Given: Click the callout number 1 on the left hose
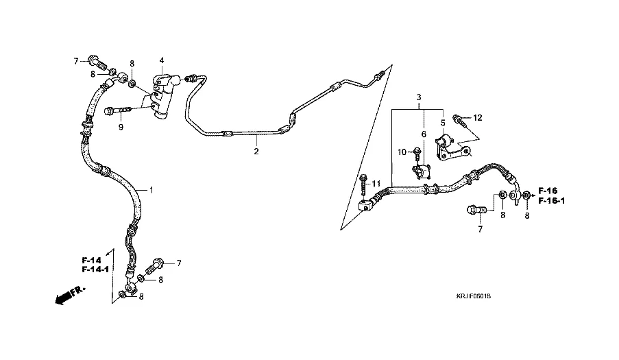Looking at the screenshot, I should point(151,189).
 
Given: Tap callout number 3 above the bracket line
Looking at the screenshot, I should point(418,98).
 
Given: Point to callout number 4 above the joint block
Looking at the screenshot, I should point(162,60).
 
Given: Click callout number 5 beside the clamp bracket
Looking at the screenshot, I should point(443,123).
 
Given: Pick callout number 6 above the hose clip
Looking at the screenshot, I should point(424,134).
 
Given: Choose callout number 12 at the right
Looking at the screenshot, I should point(478,118).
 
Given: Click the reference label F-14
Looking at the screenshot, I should point(90,260).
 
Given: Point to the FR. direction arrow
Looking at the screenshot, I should point(64,296).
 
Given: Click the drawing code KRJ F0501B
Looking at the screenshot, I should point(474,296).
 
